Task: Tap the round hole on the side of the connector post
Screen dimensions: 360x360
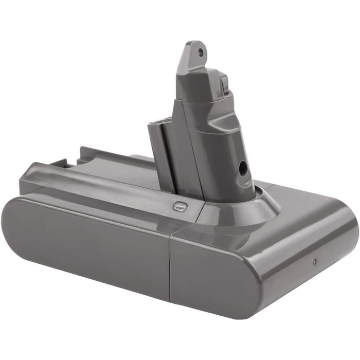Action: tap(242, 168)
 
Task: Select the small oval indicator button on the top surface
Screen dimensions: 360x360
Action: tap(179, 206)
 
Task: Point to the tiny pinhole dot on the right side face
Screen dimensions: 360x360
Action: tap(314, 261)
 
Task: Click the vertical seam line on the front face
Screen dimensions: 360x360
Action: tap(170, 267)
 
